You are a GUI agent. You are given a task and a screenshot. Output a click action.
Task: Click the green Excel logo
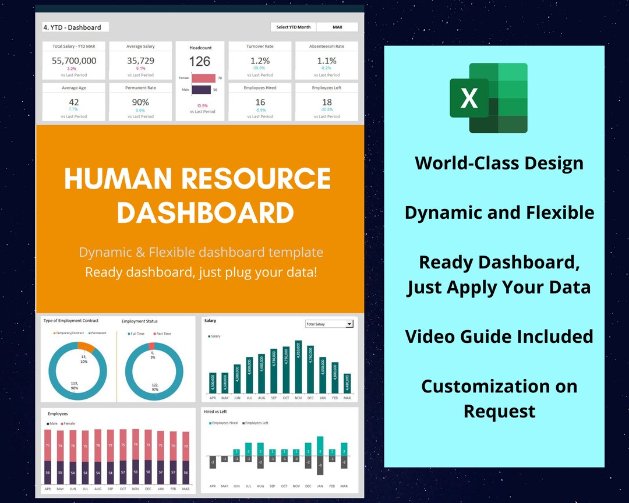[489, 98]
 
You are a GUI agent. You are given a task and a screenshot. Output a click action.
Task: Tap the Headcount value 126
[199, 61]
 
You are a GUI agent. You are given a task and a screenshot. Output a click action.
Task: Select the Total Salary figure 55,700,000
[74, 61]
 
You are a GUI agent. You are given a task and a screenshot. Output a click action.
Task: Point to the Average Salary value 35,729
[140, 61]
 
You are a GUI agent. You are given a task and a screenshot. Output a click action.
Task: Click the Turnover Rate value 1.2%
[260, 61]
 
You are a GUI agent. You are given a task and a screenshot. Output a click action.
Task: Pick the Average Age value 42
[74, 102]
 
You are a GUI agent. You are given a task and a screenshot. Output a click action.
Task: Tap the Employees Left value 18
[327, 102]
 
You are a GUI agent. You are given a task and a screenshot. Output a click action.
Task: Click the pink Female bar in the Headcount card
[203, 78]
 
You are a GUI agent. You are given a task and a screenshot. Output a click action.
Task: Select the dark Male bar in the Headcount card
[201, 90]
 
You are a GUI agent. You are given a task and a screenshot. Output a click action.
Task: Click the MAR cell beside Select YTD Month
[338, 27]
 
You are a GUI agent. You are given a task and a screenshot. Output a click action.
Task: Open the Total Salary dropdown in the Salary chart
[349, 324]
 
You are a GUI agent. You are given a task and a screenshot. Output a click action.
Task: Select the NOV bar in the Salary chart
[299, 367]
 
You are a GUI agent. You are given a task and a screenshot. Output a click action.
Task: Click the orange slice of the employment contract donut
[86, 348]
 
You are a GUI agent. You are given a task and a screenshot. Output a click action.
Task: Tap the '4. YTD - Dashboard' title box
[75, 27]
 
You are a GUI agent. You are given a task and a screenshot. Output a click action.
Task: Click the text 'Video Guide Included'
[499, 336]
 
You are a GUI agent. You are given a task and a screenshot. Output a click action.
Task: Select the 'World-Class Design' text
[499, 163]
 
